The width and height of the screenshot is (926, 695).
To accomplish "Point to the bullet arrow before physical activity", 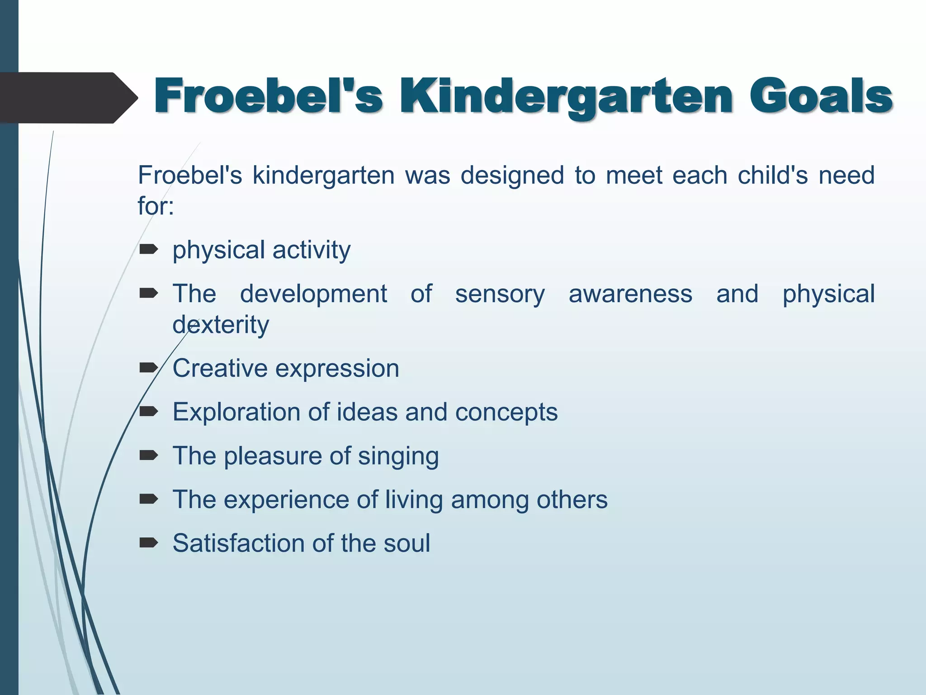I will [x=148, y=249].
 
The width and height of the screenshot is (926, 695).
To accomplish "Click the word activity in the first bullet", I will [x=312, y=250].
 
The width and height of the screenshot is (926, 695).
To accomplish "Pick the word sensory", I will [x=500, y=294].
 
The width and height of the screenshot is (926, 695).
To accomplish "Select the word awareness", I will [x=630, y=294].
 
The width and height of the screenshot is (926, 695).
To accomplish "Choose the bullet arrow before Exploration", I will [x=148, y=411].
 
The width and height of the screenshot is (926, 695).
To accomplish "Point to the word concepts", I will [x=506, y=413].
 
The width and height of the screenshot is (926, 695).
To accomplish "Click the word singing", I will [x=398, y=456].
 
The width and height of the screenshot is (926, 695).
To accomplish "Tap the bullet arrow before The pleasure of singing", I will [x=148, y=455].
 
